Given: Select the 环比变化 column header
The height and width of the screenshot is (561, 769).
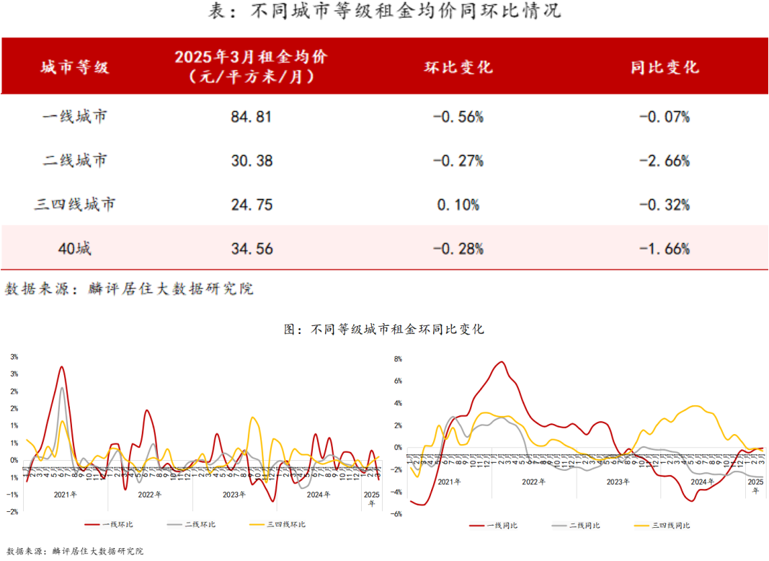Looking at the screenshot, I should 458,67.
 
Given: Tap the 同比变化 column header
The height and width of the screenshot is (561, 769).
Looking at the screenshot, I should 664,67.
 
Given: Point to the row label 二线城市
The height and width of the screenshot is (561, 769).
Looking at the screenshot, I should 75,160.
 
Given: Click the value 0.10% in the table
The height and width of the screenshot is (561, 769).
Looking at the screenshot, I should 458,205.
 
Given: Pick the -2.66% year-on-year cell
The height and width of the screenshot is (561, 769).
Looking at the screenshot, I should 664,160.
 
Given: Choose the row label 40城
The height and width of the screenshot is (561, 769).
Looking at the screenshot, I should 75,249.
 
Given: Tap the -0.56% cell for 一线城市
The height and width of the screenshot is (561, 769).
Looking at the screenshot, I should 458,116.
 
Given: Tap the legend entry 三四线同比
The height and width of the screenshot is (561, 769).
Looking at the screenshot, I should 670,526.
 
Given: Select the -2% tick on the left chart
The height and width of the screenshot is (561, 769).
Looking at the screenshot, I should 12,512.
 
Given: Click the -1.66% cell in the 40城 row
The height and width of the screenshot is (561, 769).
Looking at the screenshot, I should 664,249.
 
